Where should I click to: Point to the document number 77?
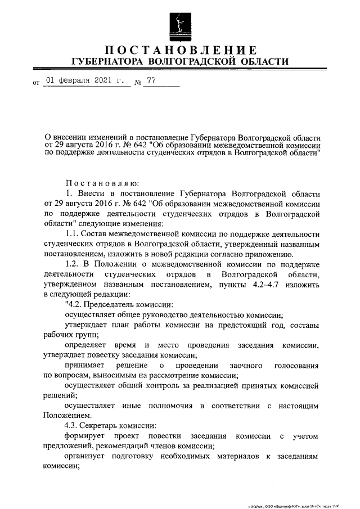[x=151, y=80]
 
